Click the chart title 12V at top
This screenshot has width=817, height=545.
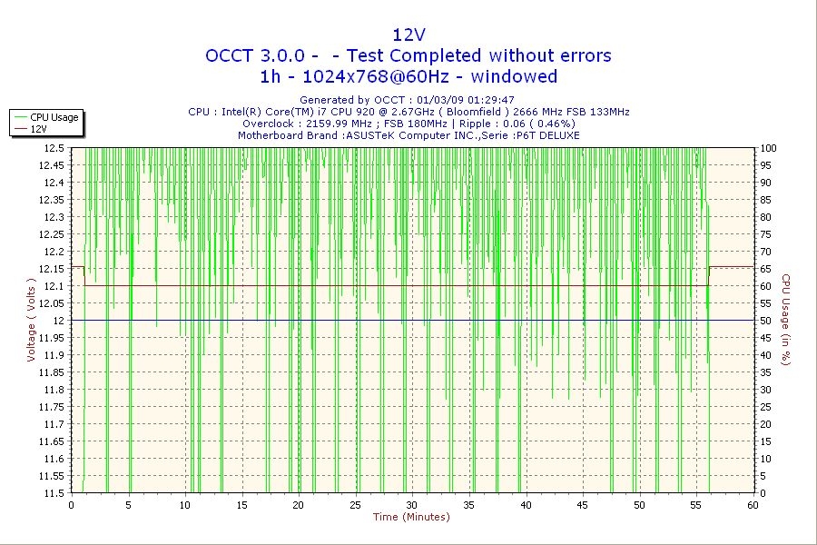[x=408, y=35]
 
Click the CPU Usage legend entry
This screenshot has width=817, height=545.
[x=54, y=117]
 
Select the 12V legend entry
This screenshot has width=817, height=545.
[x=39, y=129]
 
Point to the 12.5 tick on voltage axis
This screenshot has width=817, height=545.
[x=53, y=148]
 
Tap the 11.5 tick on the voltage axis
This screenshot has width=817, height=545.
[x=53, y=493]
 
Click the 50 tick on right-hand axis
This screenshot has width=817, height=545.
[x=766, y=321]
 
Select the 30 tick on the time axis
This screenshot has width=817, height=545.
[x=412, y=505]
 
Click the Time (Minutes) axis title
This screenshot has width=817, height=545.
[x=411, y=518]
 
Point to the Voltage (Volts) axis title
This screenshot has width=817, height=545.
[x=31, y=321]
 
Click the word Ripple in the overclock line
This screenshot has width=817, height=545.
[x=476, y=124]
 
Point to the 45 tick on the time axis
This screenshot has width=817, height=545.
[x=582, y=505]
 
